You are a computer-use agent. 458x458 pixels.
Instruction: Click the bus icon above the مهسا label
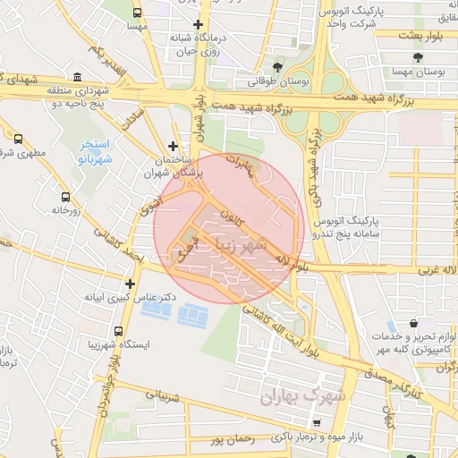pos(137,13)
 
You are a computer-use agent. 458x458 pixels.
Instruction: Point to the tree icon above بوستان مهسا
pos(417,58)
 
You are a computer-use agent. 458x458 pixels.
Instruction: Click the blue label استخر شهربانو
pos(93,150)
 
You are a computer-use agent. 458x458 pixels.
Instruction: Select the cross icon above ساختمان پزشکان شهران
pos(173,146)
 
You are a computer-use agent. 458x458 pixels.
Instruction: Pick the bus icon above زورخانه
pos(64,197)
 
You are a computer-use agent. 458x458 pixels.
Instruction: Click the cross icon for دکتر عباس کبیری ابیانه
pos(131,284)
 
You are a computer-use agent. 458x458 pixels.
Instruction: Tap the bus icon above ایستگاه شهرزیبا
pos(118,330)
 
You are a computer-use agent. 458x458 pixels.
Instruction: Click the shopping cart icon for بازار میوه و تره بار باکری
pos(317,422)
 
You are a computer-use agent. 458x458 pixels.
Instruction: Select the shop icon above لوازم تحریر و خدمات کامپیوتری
pos(412,323)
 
